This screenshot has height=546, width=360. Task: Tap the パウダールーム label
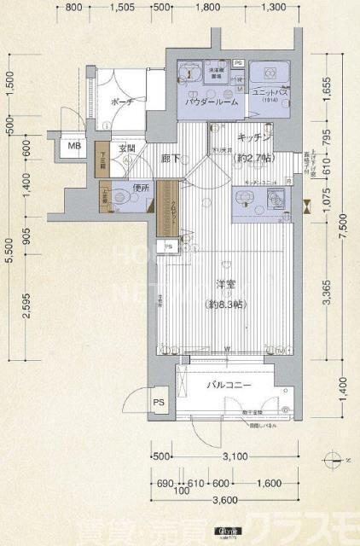[208, 102]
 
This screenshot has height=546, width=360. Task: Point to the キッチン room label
[253, 137]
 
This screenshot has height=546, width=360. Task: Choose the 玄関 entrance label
[126, 148]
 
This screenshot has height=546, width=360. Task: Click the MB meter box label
[75, 146]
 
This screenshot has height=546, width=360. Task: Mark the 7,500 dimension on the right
[342, 235]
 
